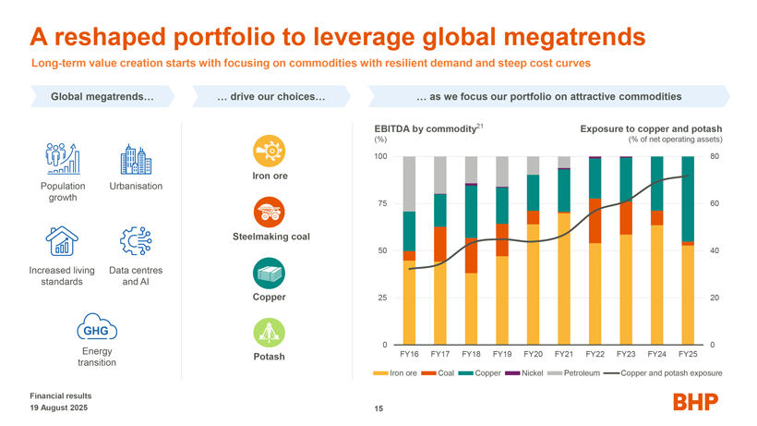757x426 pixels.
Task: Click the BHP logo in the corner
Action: [695, 402]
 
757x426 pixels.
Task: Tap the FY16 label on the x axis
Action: [410, 353]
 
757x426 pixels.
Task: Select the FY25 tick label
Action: [686, 353]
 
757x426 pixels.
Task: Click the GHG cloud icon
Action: [96, 331]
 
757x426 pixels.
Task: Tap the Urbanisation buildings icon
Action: [136, 160]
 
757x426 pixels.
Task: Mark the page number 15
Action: [378, 408]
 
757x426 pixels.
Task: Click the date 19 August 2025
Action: [60, 408]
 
